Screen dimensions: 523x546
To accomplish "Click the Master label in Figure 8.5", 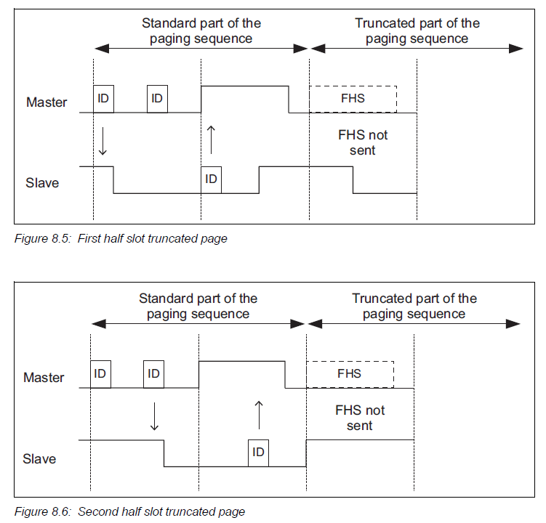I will point(47,102).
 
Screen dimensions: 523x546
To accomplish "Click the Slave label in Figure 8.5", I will point(42,183).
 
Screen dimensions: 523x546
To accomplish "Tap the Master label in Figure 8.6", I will point(44,378).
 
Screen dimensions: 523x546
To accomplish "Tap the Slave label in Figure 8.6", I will point(39,459).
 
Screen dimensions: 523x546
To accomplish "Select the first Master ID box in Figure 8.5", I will point(103,99).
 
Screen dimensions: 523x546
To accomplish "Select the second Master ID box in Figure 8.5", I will point(157,99).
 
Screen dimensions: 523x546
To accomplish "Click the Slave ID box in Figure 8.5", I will point(212,179).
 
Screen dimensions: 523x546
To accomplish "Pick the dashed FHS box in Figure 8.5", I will point(353,99).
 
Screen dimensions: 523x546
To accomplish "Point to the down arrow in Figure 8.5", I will point(103,142).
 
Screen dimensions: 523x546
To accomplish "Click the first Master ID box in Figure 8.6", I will point(100,373).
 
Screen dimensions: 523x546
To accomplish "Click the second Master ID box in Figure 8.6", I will point(153,373).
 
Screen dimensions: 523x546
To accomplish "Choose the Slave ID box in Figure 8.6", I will point(258,452).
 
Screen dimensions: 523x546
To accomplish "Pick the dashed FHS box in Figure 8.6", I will point(350,374).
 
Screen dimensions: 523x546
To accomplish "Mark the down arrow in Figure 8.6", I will point(153,416).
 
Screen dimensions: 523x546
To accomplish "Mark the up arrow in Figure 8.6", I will point(258,414).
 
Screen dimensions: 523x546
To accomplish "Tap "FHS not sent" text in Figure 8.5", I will point(363,142).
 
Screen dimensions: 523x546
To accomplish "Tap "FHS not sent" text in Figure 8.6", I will point(360,418).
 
